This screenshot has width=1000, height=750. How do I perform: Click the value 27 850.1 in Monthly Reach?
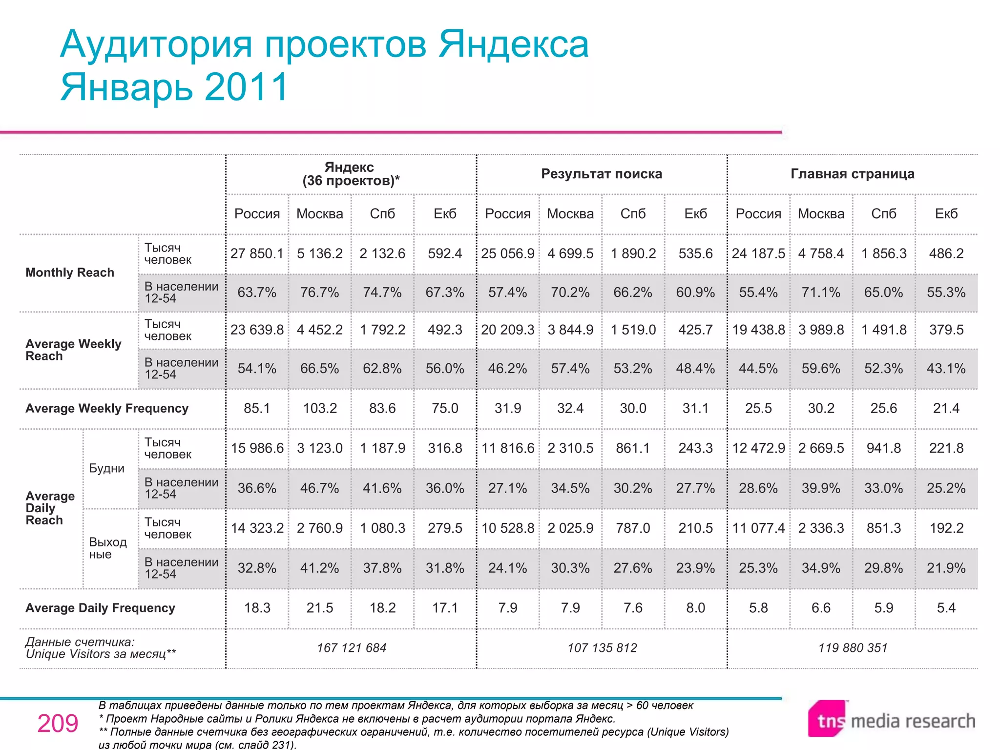[x=257, y=253]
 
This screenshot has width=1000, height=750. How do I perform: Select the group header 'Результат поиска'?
[x=602, y=174]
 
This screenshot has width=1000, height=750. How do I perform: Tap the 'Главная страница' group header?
[x=853, y=174]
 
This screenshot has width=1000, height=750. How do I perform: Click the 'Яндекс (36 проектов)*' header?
[x=351, y=174]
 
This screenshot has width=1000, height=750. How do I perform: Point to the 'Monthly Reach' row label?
[x=70, y=272]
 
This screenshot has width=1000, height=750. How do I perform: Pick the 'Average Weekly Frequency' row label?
[x=107, y=408]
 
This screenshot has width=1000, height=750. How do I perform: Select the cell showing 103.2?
[x=320, y=408]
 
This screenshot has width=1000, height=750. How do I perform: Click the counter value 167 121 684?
[x=352, y=648]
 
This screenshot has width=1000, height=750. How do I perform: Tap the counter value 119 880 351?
[x=853, y=648]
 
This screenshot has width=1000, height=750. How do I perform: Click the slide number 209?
[x=58, y=724]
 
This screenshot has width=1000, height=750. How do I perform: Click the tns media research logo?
[x=892, y=720]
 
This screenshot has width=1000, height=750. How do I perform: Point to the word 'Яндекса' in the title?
[x=513, y=44]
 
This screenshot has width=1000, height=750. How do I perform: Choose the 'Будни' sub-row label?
[x=107, y=468]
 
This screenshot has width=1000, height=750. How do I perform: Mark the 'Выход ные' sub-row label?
[x=107, y=548]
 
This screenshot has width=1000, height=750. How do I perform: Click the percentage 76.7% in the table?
[x=320, y=292]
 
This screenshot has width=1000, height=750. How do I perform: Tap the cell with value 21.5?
[x=320, y=608]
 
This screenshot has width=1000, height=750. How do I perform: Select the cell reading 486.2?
[x=946, y=253]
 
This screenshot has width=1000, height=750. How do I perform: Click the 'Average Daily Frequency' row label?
[x=100, y=608]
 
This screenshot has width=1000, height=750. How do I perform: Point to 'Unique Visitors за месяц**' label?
[x=101, y=654]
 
